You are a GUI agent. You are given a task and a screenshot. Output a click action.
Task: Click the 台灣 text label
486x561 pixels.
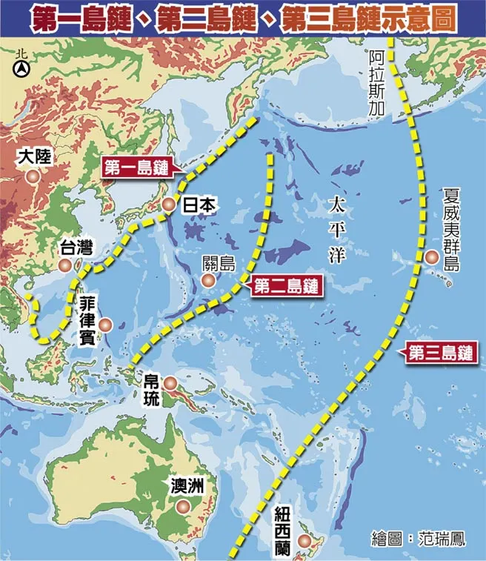(x=76, y=248)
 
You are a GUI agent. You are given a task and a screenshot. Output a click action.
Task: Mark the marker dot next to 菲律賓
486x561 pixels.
(x=106, y=325)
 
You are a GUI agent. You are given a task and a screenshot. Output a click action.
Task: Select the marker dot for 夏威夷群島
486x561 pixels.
(x=431, y=257)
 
